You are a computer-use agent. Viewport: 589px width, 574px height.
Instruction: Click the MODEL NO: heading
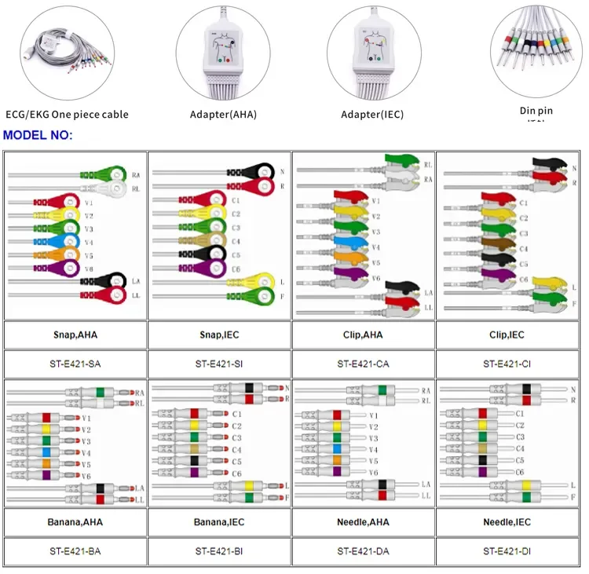(38, 135)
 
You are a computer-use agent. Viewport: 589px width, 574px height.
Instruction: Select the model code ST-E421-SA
(75, 363)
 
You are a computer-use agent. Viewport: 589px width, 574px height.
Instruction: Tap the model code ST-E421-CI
(507, 363)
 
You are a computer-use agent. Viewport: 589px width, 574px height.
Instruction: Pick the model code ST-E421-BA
(75, 551)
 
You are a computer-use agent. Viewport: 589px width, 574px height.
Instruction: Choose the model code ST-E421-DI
(507, 551)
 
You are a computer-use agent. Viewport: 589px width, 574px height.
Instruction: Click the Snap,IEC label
(219, 334)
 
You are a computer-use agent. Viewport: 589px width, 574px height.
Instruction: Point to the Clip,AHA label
(363, 334)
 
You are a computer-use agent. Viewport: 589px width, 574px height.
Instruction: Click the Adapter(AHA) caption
(223, 115)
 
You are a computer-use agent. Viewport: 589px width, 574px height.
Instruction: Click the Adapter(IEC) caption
(372, 115)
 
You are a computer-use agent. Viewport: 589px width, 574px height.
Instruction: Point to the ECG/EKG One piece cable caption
(67, 115)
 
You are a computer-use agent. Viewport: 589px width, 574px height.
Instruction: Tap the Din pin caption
(536, 112)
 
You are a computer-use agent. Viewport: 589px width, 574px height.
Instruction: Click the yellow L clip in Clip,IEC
(545, 282)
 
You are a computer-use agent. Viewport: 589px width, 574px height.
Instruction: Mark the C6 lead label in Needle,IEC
(519, 472)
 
